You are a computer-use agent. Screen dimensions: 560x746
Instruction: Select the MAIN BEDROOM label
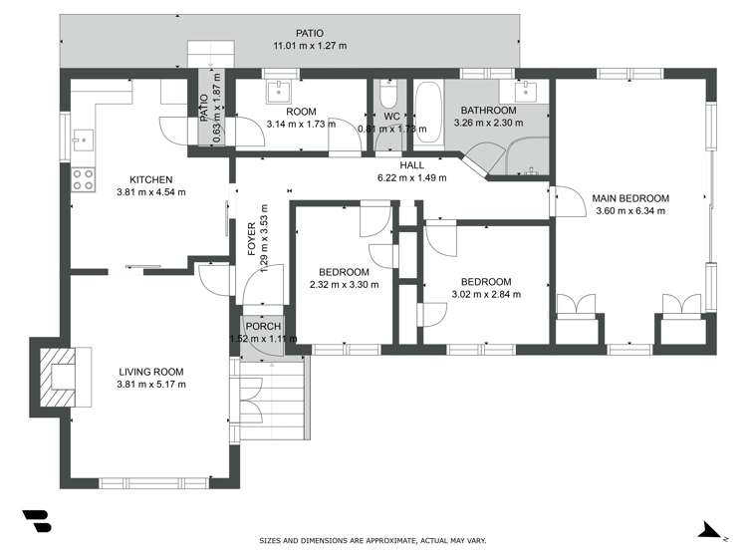coord(630,197)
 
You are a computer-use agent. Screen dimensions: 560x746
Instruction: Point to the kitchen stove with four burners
coord(83,180)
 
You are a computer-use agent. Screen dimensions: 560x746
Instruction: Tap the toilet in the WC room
coord(389,95)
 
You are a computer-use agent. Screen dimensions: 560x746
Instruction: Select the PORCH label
coord(263,326)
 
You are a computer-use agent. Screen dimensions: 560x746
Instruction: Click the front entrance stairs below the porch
coord(269,400)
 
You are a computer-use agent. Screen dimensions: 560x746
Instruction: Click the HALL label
coord(412,165)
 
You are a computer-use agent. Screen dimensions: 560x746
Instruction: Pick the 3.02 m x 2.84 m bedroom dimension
coord(486,294)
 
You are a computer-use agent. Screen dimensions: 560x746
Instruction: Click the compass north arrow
coord(709,530)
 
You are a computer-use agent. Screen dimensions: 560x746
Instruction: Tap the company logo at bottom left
coord(36,520)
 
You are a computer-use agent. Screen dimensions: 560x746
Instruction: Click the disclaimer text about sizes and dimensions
coord(373,541)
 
